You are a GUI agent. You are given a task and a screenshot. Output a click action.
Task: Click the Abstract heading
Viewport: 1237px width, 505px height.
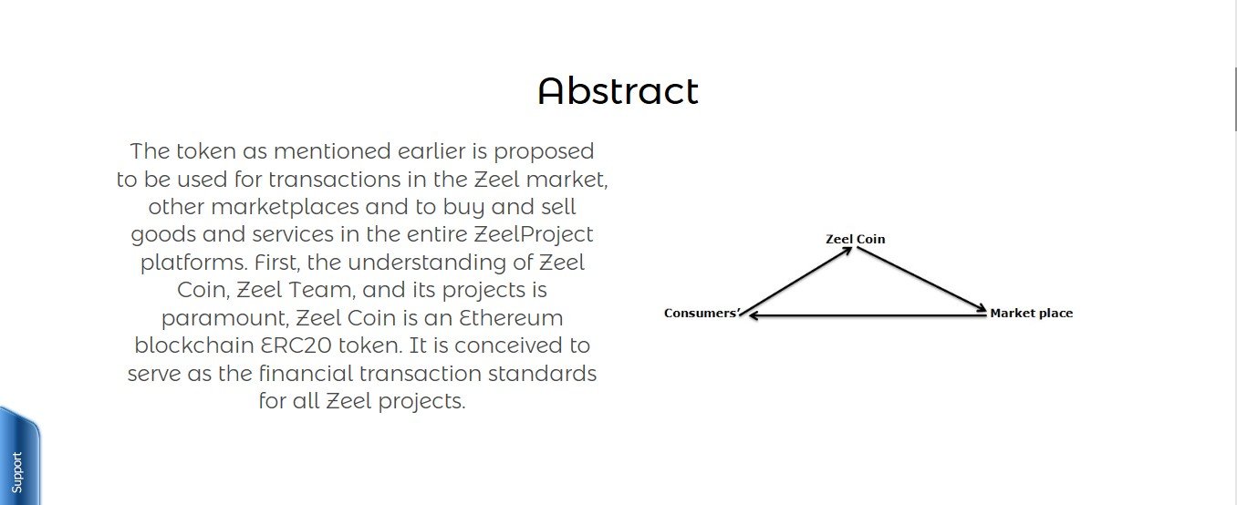(618, 91)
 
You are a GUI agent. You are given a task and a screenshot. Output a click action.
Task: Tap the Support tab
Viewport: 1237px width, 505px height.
(17, 471)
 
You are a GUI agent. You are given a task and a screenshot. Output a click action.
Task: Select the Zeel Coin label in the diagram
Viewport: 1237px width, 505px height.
(855, 240)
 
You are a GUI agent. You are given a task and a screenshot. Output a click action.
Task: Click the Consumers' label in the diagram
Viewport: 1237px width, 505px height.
(701, 314)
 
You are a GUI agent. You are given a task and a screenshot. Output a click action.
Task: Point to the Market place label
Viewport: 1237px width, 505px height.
(1032, 314)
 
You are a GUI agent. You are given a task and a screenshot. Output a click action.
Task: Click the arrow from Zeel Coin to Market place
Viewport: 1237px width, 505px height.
(921, 279)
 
